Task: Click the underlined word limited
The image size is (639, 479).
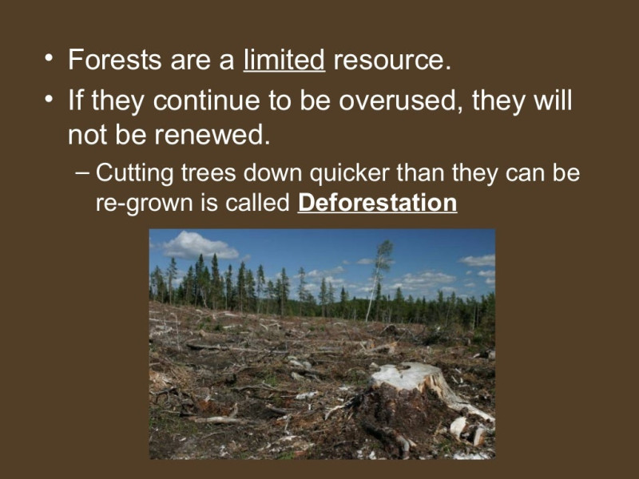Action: pyautogui.click(x=284, y=59)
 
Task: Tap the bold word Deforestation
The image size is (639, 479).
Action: pyautogui.click(x=377, y=203)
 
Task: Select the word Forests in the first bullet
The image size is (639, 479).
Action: pyautogui.click(x=115, y=59)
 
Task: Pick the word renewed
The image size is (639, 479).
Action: pyautogui.click(x=212, y=134)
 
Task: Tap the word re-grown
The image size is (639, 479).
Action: pyautogui.click(x=145, y=203)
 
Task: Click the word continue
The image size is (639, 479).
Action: pyautogui.click(x=207, y=101)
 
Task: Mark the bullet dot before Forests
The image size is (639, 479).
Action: pyautogui.click(x=49, y=58)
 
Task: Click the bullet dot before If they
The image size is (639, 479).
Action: pyautogui.click(x=49, y=99)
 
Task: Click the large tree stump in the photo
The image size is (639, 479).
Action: pyautogui.click(x=411, y=387)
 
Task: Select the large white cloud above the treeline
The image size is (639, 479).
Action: pyautogui.click(x=199, y=245)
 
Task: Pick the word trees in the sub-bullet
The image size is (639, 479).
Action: pyautogui.click(x=208, y=172)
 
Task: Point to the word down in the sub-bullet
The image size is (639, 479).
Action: pyautogui.click(x=272, y=172)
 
